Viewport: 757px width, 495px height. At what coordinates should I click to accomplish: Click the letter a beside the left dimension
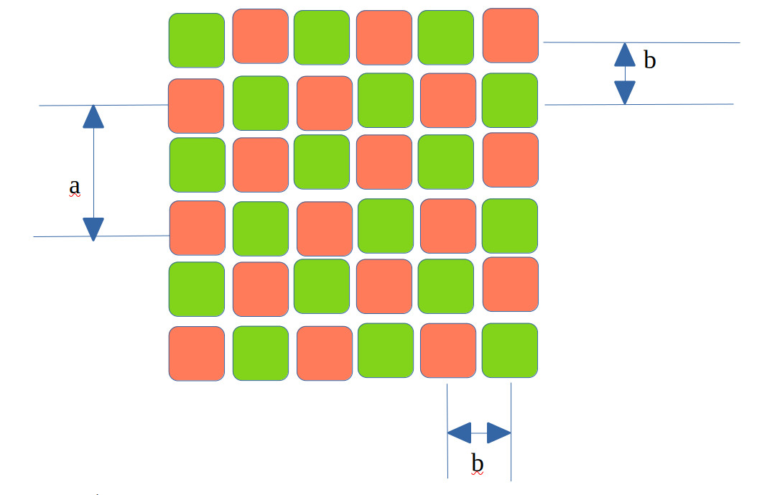pyautogui.click(x=75, y=186)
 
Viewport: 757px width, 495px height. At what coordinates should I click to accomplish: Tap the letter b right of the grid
pyautogui.click(x=650, y=60)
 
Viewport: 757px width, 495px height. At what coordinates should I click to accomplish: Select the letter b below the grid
pyautogui.click(x=477, y=463)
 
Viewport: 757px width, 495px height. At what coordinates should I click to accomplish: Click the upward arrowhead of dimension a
pyautogui.click(x=93, y=116)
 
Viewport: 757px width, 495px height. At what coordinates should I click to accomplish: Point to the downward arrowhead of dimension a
pyautogui.click(x=93, y=229)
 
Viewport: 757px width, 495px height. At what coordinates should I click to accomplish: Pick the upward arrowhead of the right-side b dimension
pyautogui.click(x=625, y=55)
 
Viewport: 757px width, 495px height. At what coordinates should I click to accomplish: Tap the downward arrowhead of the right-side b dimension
pyautogui.click(x=625, y=93)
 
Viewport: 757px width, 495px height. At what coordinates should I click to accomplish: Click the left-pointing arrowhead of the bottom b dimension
pyautogui.click(x=459, y=432)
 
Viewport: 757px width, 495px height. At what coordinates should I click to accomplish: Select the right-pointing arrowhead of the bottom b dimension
pyautogui.click(x=498, y=432)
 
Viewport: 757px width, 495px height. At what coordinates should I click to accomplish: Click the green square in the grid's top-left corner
pyautogui.click(x=197, y=40)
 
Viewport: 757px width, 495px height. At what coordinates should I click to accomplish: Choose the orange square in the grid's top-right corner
pyautogui.click(x=511, y=36)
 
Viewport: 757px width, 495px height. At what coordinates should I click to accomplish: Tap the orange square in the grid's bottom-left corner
pyautogui.click(x=197, y=353)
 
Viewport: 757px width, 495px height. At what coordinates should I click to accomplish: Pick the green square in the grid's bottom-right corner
pyautogui.click(x=510, y=350)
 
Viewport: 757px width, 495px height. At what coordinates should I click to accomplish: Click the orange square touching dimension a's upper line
pyautogui.click(x=196, y=106)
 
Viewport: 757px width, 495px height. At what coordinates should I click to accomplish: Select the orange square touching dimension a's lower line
pyautogui.click(x=197, y=228)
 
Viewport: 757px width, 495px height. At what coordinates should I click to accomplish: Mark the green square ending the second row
pyautogui.click(x=510, y=101)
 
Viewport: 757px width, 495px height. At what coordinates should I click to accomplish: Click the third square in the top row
pyautogui.click(x=322, y=37)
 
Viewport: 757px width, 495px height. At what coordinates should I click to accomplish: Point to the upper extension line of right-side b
pyautogui.click(x=641, y=42)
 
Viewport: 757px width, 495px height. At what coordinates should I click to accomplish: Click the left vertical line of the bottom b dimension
pyautogui.click(x=447, y=431)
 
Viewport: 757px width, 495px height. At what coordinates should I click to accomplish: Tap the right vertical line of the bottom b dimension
pyautogui.click(x=511, y=432)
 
